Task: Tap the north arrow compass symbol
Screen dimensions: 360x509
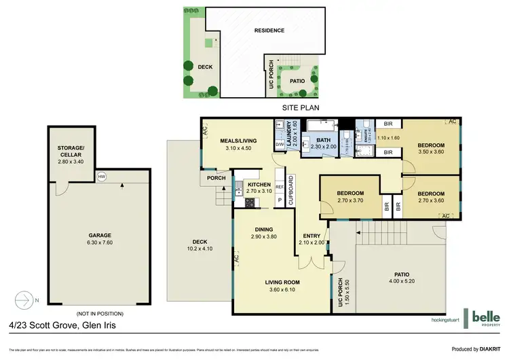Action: click(24, 300)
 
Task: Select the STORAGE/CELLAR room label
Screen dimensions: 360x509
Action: click(69, 152)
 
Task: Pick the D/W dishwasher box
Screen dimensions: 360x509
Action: click(280, 145)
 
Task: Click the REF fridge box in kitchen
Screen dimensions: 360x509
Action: click(279, 186)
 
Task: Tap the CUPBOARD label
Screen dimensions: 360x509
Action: click(290, 191)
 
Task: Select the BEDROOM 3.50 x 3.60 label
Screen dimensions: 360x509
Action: click(430, 149)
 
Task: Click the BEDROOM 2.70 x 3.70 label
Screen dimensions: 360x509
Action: click(351, 196)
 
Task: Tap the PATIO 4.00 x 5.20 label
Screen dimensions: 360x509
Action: click(402, 278)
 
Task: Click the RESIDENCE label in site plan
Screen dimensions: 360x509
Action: click(269, 31)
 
